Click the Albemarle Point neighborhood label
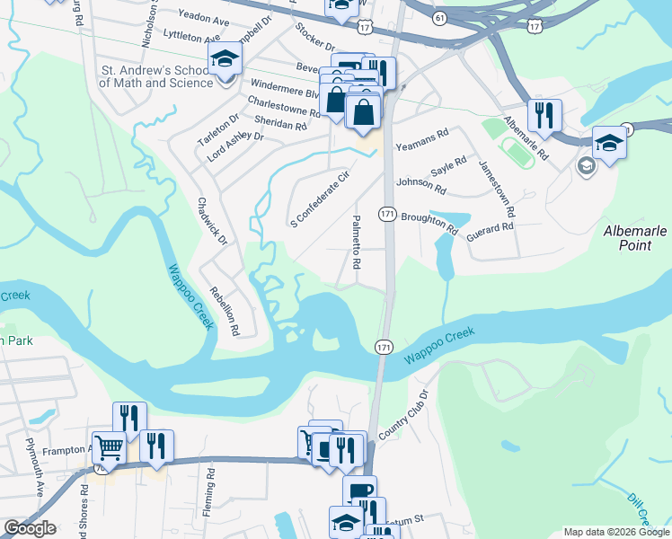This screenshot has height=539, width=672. (635, 239)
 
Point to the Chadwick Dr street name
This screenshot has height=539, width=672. (213, 221)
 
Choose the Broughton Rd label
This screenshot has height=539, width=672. (429, 224)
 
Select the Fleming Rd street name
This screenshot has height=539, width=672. (209, 485)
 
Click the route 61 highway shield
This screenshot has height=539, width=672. (438, 17)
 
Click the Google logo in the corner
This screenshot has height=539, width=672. (29, 528)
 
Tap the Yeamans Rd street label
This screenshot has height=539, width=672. (421, 135)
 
